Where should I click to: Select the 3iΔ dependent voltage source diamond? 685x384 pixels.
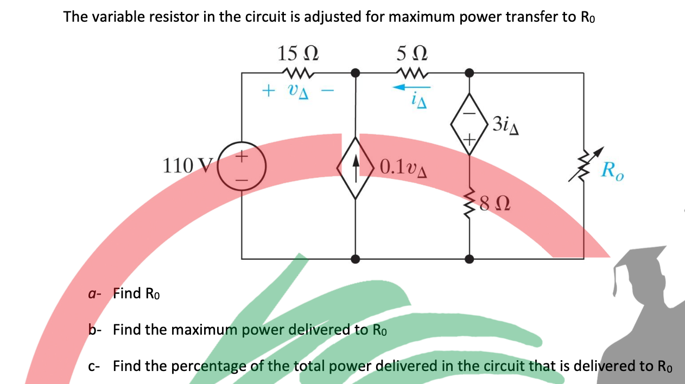[x=470, y=124]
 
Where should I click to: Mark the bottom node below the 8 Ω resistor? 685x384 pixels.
[x=470, y=259]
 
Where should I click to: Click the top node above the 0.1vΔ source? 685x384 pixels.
[x=356, y=72]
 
